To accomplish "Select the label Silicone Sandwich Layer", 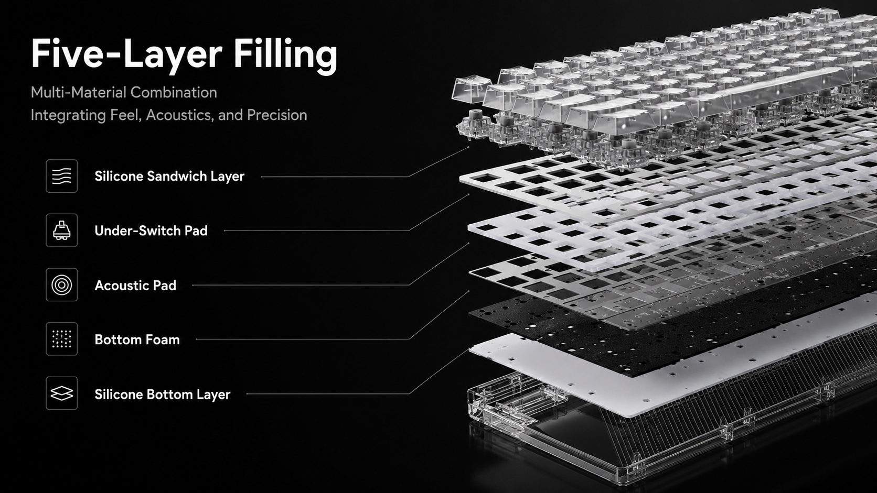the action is pos(169,177).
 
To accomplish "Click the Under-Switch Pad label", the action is pos(151,231).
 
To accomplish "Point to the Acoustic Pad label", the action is pos(135,286).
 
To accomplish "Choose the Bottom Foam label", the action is pos(137,339).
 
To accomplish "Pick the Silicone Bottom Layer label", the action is pos(162,394).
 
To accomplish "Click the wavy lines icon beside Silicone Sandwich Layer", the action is pos(61,176).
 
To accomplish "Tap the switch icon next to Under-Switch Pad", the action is pos(61,231).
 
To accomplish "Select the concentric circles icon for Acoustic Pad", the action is pos(61,284).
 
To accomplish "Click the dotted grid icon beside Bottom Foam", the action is pos(61,339).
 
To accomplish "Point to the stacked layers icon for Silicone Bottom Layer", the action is pos(61,393).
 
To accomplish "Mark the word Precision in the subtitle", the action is pos(277,115).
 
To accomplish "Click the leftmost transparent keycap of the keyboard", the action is pos(471,90).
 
